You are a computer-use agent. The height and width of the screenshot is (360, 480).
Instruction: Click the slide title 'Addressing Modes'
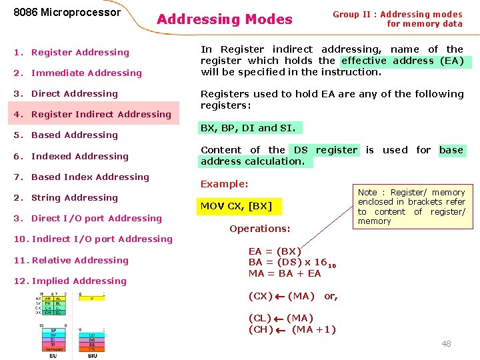225,20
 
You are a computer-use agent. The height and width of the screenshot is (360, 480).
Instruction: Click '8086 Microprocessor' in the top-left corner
67,13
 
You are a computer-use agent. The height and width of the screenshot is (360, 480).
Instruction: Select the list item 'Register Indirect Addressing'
101,115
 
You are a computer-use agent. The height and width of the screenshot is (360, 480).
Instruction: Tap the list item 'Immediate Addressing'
86,73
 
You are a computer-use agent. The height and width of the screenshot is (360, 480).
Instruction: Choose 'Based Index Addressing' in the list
90,177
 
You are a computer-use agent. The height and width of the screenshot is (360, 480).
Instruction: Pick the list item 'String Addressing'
74,198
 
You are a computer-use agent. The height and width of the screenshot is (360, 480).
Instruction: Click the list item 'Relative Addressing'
80,261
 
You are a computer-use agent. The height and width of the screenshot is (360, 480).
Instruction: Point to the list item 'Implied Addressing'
79,281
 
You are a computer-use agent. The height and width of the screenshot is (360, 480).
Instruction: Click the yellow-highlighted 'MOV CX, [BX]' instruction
236,206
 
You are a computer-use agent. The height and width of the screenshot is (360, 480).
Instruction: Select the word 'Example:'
224,184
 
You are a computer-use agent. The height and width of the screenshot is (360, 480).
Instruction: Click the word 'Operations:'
259,229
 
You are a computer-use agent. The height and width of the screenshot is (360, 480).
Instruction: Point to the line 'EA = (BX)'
275,251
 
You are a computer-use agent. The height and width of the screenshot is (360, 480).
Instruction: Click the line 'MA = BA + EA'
285,273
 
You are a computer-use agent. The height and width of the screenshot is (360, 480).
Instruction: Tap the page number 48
446,343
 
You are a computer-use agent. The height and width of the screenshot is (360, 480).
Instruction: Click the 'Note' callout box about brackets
411,207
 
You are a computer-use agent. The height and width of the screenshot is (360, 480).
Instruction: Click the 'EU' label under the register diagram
53,355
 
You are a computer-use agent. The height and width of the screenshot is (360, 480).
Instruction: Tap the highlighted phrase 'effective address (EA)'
406,61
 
